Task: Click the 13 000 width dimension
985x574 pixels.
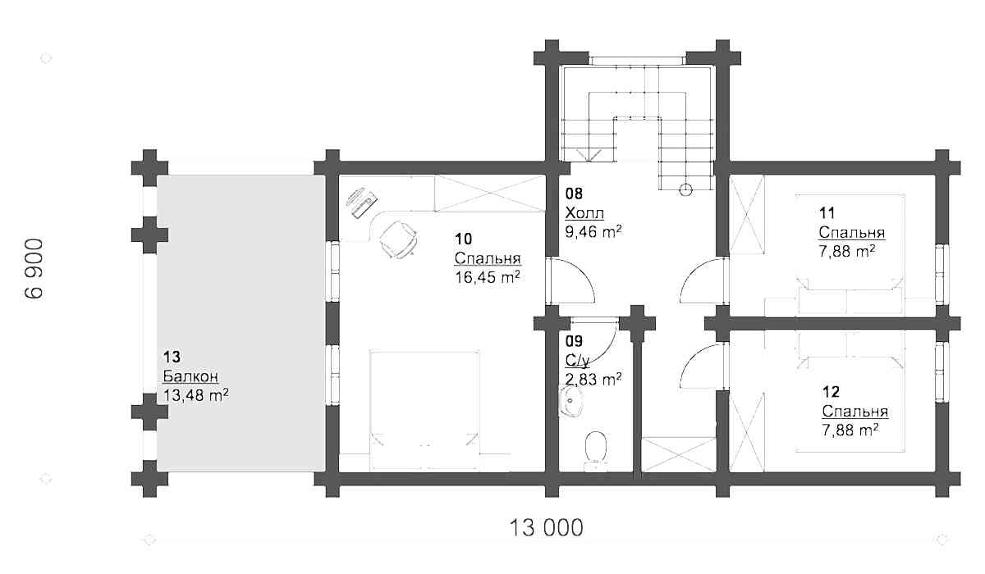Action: (x=546, y=527)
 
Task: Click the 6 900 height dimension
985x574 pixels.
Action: (x=34, y=268)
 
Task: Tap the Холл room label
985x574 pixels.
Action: (x=584, y=213)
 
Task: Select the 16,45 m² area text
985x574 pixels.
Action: (x=488, y=277)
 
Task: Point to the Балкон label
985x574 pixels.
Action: (x=190, y=376)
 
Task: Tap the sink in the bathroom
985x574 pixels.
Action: (x=570, y=400)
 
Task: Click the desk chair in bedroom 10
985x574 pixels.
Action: (x=398, y=239)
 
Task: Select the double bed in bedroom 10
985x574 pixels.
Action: (x=424, y=410)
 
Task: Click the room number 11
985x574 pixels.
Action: (x=827, y=213)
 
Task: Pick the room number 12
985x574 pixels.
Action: (x=831, y=392)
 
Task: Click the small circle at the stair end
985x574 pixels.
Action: (x=685, y=189)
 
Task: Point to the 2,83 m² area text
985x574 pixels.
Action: (x=593, y=379)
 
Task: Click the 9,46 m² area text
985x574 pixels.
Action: (x=593, y=231)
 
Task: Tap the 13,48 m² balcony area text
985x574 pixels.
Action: (x=195, y=395)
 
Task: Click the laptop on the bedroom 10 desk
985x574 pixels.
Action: (x=362, y=203)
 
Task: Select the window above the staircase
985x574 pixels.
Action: (x=638, y=61)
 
